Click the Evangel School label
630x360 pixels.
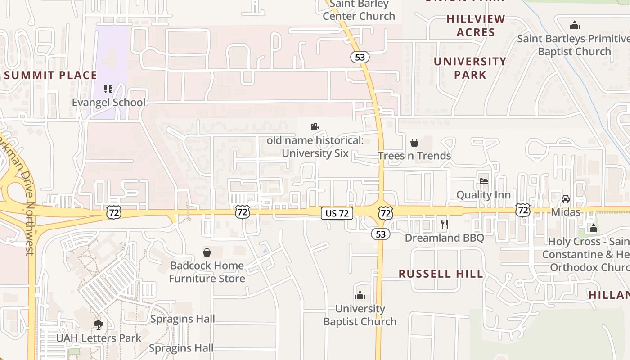click(x=109, y=103)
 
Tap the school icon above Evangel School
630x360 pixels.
click(x=108, y=89)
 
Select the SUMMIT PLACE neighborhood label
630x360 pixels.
click(x=50, y=75)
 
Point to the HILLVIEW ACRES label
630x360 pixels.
click(x=476, y=26)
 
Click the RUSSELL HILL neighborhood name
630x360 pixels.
click(x=441, y=274)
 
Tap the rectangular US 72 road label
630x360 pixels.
click(x=337, y=213)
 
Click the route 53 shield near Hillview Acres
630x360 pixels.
click(x=360, y=57)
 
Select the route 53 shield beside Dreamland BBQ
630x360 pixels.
click(x=381, y=234)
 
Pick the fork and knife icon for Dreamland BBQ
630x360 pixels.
click(x=445, y=224)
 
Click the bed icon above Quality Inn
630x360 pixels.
click(x=484, y=181)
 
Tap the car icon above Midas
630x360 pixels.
click(x=566, y=198)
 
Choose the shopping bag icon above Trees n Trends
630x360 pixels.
click(x=414, y=143)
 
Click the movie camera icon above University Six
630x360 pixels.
click(x=315, y=127)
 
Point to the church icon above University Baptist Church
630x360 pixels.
click(x=360, y=295)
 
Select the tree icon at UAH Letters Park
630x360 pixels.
click(x=99, y=324)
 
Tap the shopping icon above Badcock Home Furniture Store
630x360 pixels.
click(x=207, y=252)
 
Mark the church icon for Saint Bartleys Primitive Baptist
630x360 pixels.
click(x=574, y=25)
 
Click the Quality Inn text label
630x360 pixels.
click(x=483, y=195)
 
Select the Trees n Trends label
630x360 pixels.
click(x=414, y=156)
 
